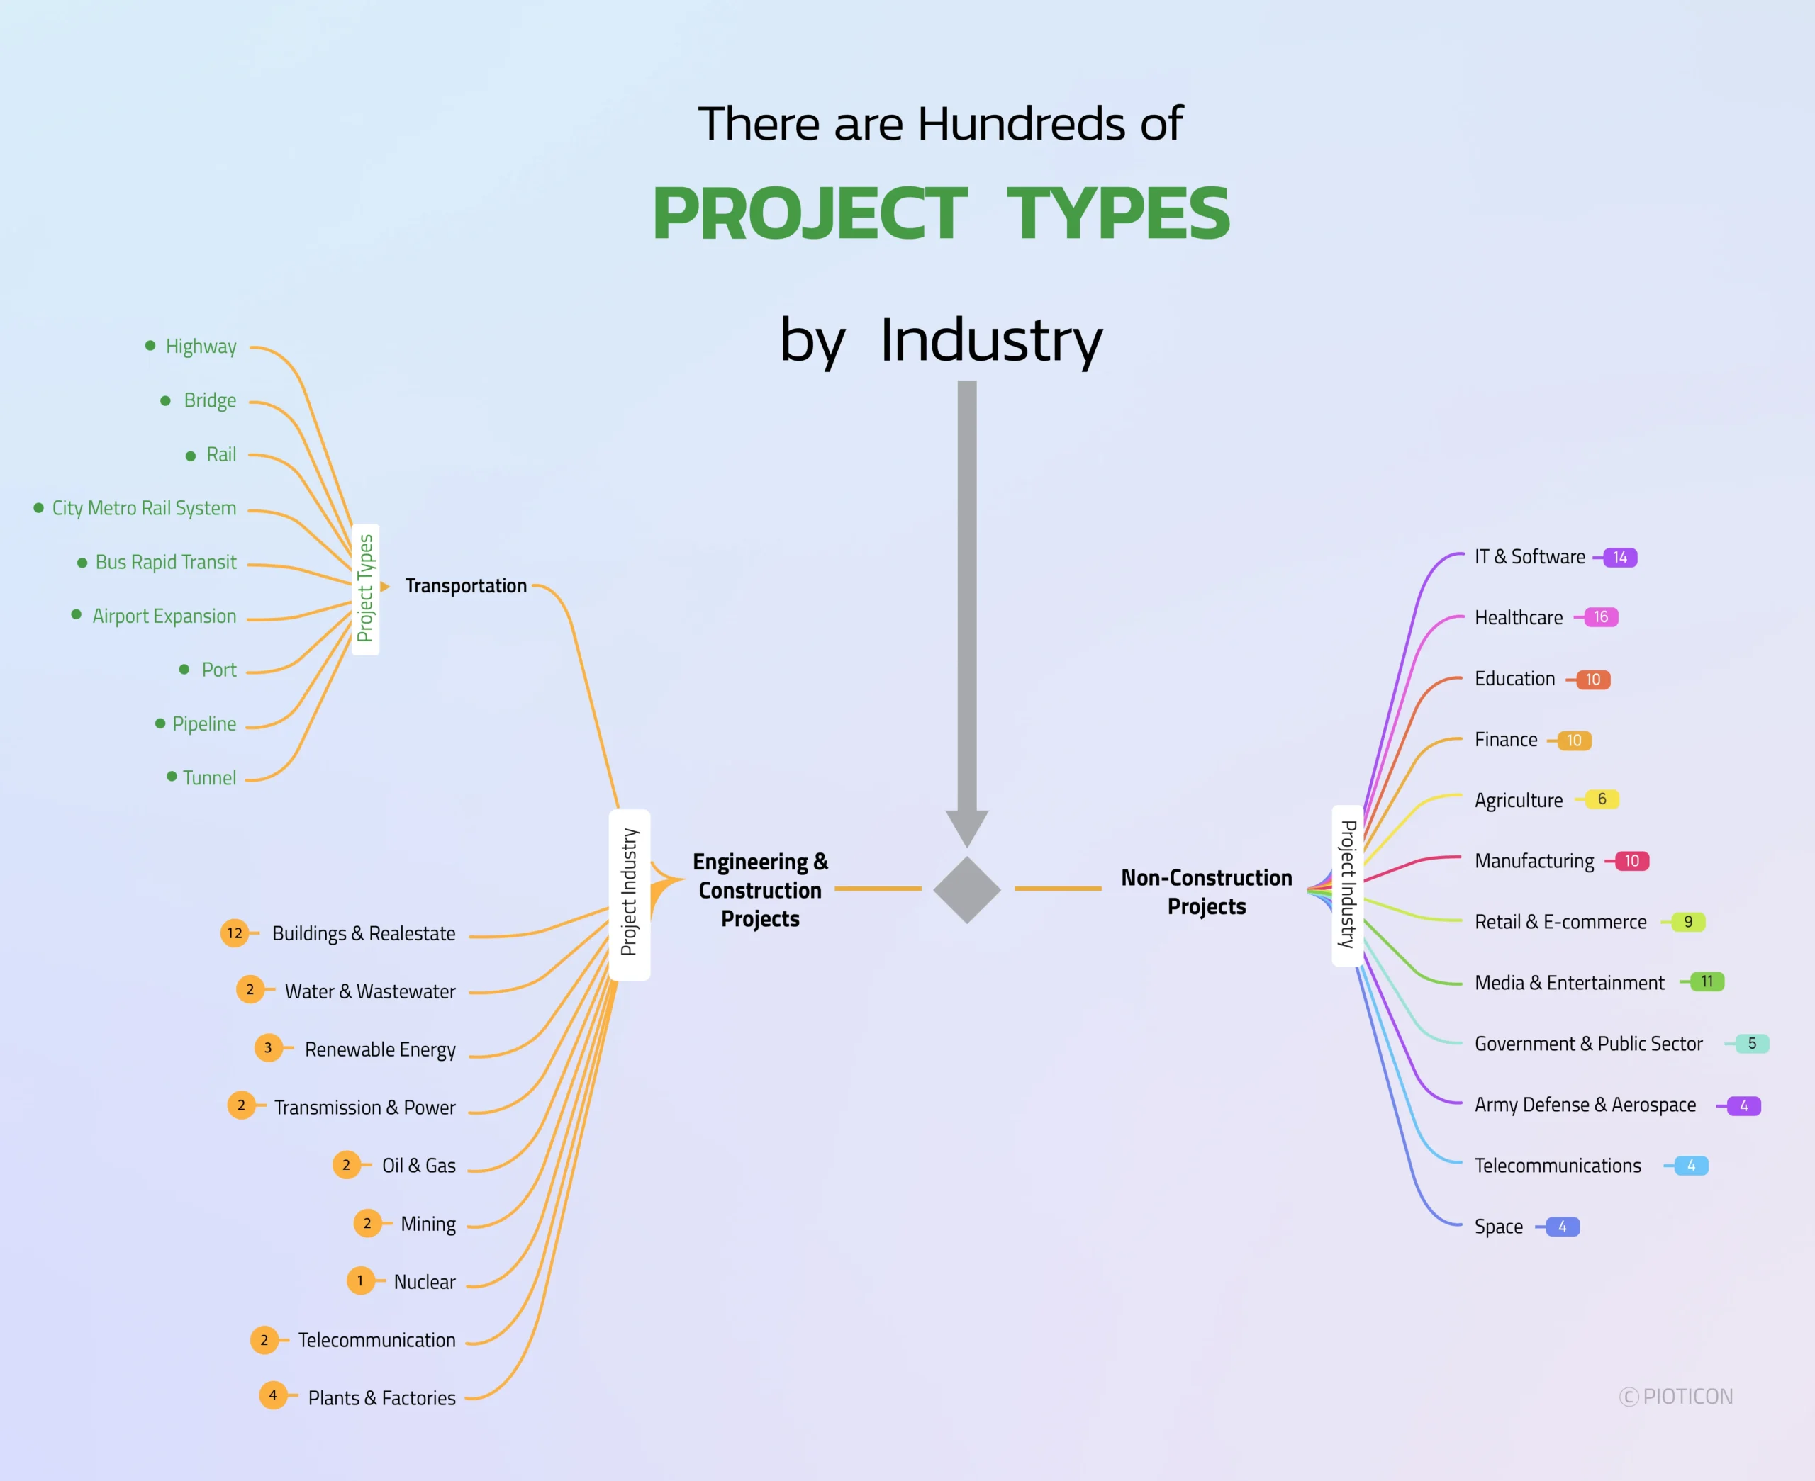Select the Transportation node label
tap(466, 586)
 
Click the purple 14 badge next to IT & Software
tap(1619, 558)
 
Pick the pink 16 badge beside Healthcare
tap(1600, 616)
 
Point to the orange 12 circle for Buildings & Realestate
tap(235, 933)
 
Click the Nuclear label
tap(424, 1281)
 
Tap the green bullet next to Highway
tap(150, 346)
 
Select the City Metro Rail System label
tap(144, 509)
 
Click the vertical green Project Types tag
tap(365, 589)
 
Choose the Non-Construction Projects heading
tap(1206, 891)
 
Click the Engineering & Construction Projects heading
tap(760, 890)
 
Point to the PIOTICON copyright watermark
tap(1677, 1397)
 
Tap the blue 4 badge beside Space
tap(1562, 1227)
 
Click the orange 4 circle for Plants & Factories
tap(273, 1396)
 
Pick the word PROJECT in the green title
tap(810, 214)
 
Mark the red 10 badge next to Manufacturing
tap(1631, 862)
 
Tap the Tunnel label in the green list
tap(209, 778)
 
